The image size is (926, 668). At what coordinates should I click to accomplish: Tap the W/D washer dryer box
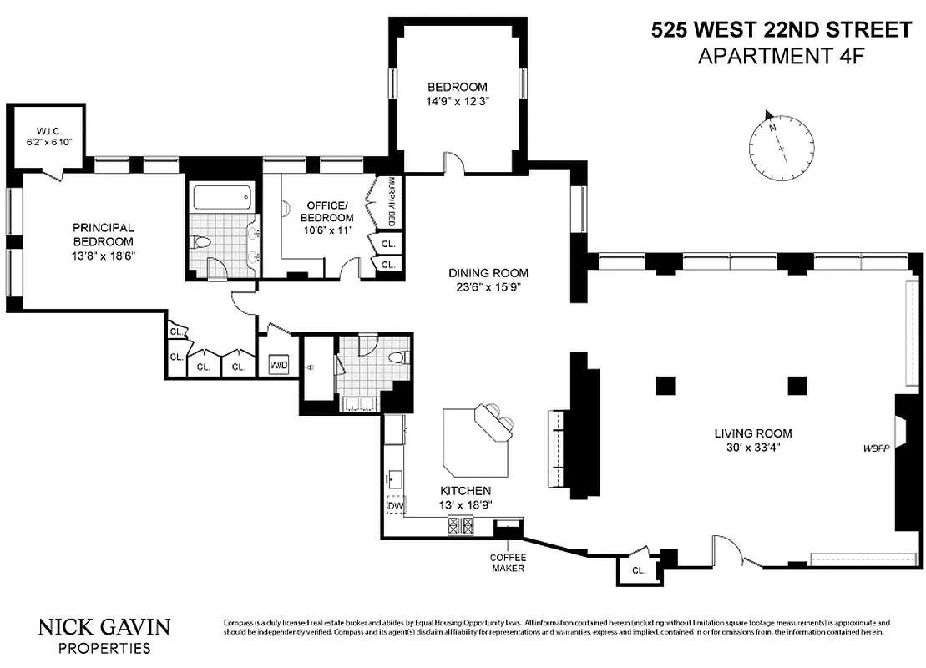point(278,365)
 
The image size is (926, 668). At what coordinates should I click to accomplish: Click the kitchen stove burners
point(461,526)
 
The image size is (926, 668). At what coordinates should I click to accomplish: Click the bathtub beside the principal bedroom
point(222,197)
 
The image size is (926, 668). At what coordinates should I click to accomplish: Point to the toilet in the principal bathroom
point(201,243)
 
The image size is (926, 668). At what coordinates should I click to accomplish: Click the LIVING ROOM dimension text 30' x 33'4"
point(752,448)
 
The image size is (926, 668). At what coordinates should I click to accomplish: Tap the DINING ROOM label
point(488,273)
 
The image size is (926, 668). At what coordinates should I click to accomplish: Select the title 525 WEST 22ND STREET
point(781,31)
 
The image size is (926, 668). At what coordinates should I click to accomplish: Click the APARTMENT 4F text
point(781,56)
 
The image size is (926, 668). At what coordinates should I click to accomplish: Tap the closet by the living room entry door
point(638,569)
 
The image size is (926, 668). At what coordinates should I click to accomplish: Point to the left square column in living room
point(665,385)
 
